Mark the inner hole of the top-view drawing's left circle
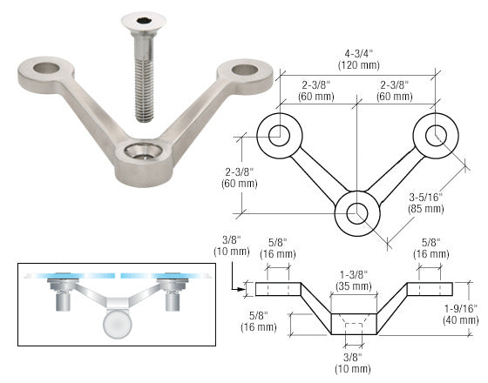279,134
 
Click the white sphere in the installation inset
115,328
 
